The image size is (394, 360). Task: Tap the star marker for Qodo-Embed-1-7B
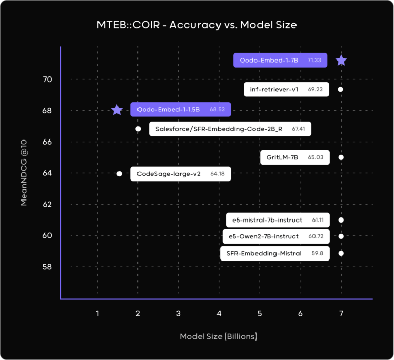tap(341, 61)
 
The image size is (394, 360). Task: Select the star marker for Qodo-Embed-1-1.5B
tap(117, 110)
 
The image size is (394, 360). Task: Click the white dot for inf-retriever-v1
tap(341, 90)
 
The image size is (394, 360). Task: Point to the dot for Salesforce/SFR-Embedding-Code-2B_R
tap(138, 129)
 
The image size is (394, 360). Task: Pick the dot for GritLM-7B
tap(341, 157)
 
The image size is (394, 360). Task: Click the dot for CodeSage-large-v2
tap(120, 174)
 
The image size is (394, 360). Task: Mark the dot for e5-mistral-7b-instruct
tap(341, 220)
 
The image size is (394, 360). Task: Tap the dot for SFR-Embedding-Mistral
tap(341, 253)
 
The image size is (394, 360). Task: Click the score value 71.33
tap(314, 61)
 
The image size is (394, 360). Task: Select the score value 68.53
tap(218, 110)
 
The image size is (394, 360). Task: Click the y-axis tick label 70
tap(47, 79)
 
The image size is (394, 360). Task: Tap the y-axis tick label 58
tap(47, 267)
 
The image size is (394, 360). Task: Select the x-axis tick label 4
tap(219, 313)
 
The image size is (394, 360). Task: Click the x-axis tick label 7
tap(341, 313)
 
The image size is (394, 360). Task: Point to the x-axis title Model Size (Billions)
tap(219, 337)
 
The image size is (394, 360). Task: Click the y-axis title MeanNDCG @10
tap(24, 173)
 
